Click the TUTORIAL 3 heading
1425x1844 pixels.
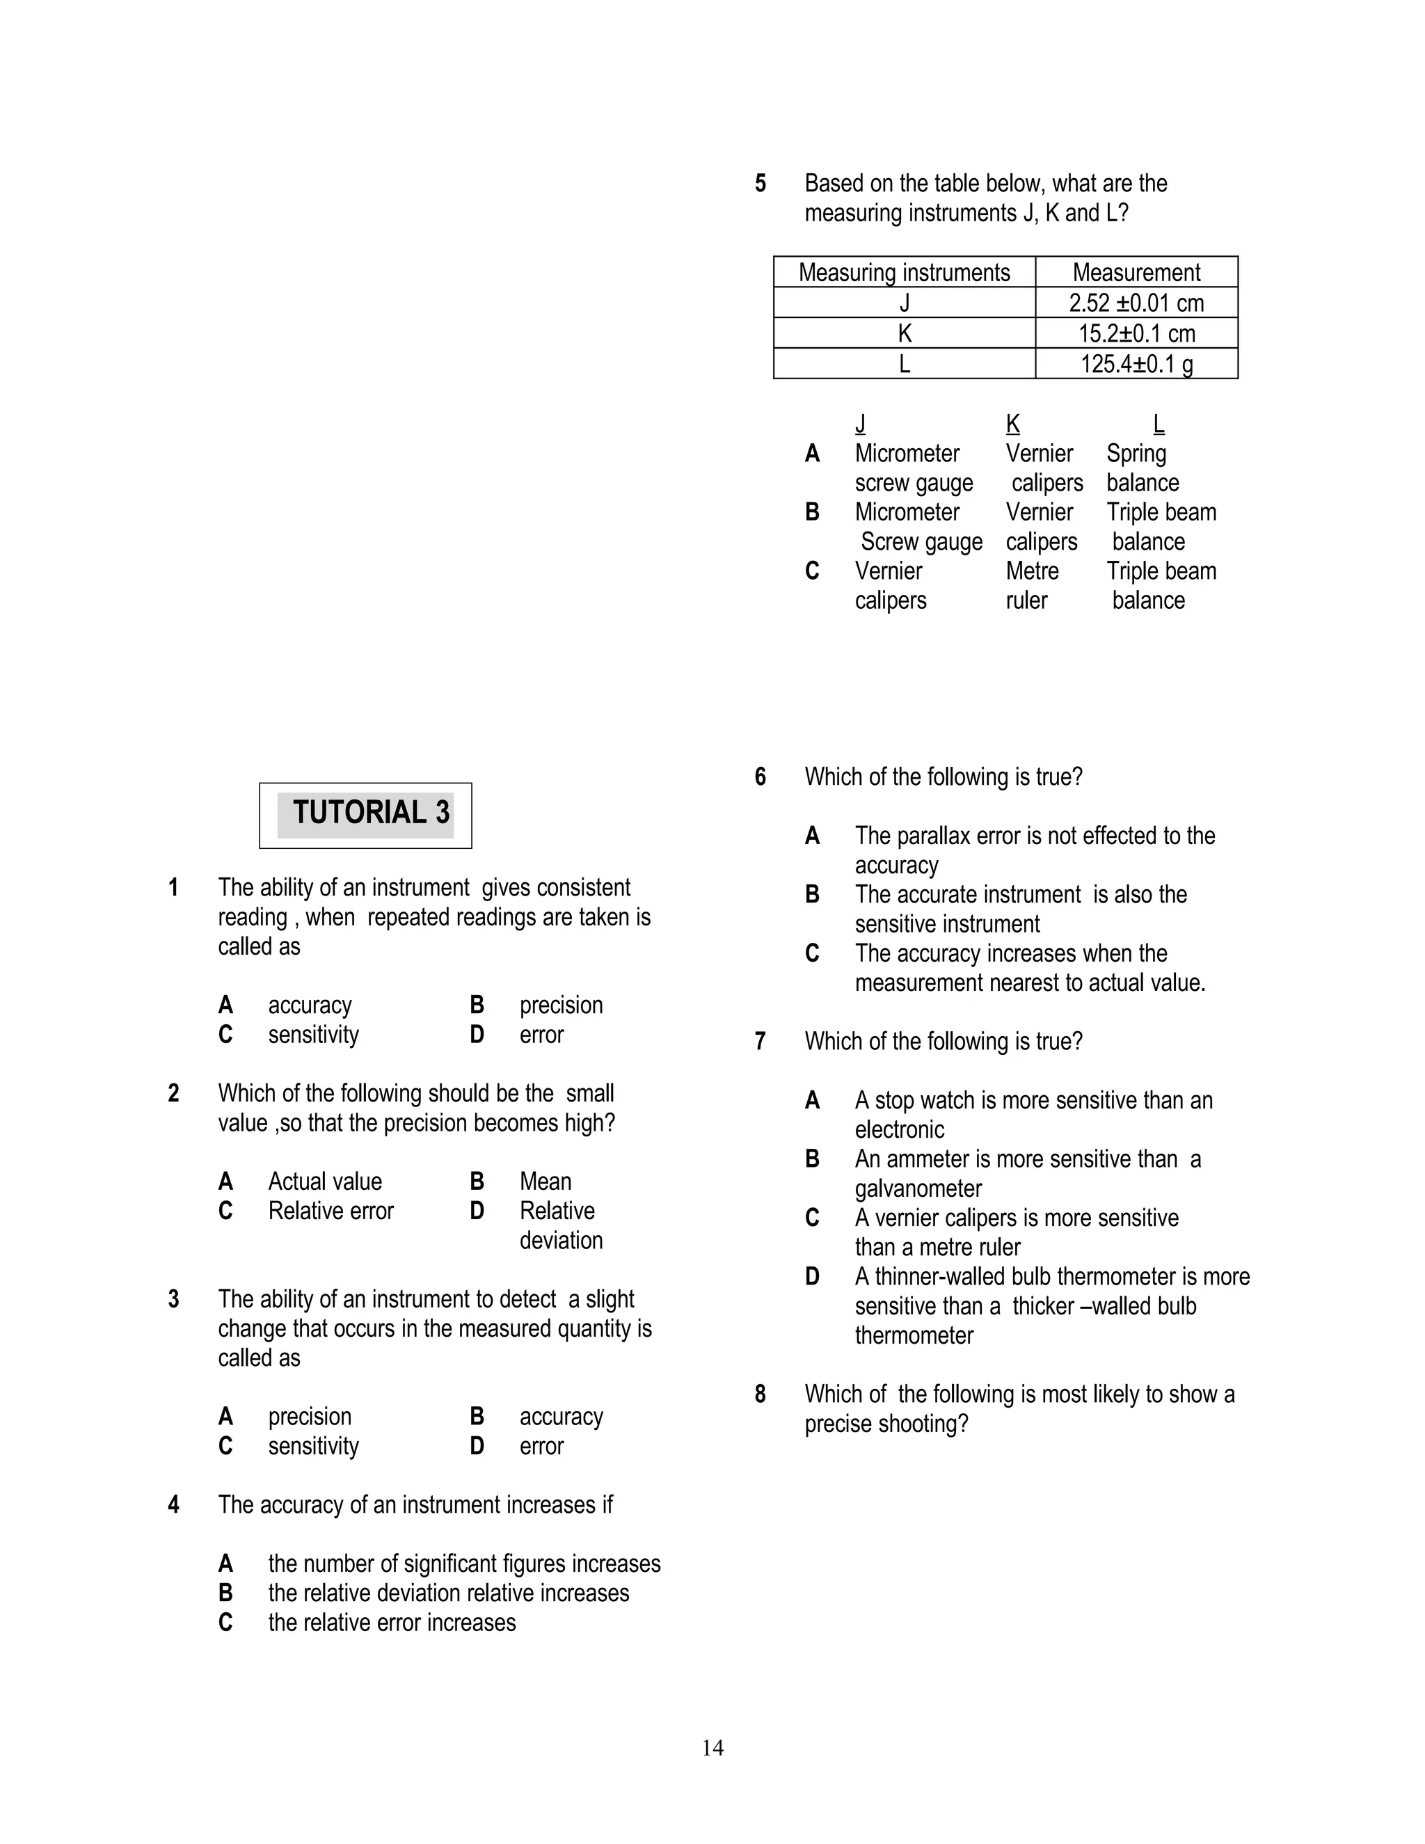(x=371, y=813)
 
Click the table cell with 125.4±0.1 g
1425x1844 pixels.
(x=1136, y=365)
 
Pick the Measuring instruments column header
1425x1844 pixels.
(x=904, y=273)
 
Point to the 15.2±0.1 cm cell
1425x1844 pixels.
(x=1136, y=333)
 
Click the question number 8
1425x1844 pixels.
(x=761, y=1394)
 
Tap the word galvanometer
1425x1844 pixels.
(x=918, y=1189)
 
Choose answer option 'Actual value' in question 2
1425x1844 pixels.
(x=325, y=1182)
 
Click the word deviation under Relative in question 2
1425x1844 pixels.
(x=561, y=1240)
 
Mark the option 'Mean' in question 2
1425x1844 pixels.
(x=546, y=1182)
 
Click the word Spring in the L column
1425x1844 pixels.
(x=1136, y=454)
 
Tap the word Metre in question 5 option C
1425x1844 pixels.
(x=1032, y=571)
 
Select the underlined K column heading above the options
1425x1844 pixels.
(x=1012, y=424)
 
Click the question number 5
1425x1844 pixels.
(x=761, y=183)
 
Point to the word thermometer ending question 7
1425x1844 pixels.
(x=914, y=1336)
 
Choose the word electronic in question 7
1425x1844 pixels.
(x=899, y=1129)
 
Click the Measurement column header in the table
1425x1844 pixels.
(x=1136, y=273)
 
